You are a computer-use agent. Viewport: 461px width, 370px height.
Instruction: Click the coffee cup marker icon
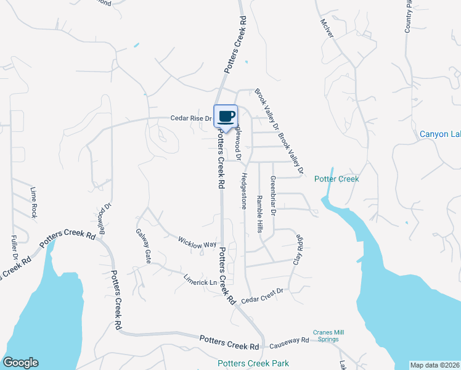pos(226,115)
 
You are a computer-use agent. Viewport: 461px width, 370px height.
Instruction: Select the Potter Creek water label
pos(336,179)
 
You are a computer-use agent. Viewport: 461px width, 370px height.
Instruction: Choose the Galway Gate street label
pos(143,247)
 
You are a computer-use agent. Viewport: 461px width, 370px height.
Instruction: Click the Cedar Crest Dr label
pos(261,295)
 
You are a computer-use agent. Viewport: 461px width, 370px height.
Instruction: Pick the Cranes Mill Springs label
pos(328,336)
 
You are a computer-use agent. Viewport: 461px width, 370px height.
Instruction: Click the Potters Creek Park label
pos(253,363)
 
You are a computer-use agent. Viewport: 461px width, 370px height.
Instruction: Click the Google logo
pos(20,363)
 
